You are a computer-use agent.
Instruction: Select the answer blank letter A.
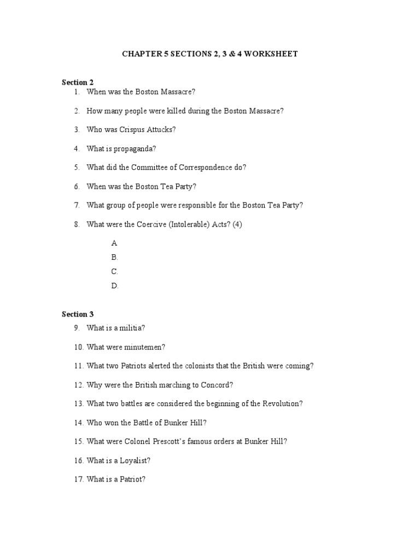click(114, 243)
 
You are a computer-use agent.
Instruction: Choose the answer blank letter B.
click(114, 257)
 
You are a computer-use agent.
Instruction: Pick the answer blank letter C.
click(114, 271)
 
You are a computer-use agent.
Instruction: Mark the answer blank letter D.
click(114, 286)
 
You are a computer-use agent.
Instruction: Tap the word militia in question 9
click(133, 328)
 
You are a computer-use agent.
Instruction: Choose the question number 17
click(78, 480)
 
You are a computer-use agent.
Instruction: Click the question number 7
click(77, 205)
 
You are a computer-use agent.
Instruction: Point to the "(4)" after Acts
click(237, 224)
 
